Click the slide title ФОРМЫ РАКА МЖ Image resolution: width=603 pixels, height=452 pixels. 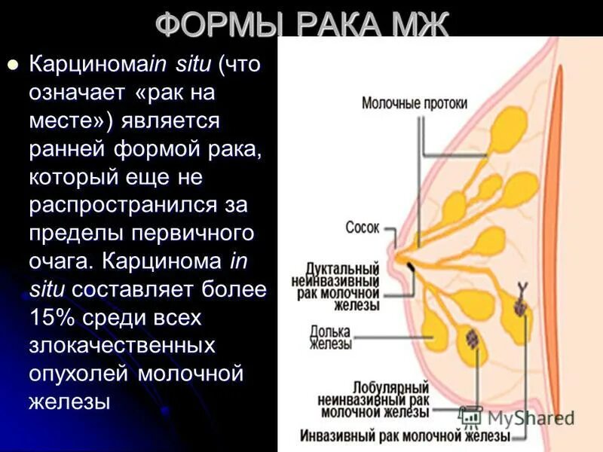[301, 25]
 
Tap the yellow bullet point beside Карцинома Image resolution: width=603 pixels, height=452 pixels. [11, 65]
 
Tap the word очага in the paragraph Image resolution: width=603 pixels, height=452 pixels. [57, 261]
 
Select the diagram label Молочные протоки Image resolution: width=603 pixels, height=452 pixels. [415, 103]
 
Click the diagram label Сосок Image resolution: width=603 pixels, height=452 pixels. [363, 226]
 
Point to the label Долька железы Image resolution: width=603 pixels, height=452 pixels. [331, 337]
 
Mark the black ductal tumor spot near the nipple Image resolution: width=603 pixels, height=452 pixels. [410, 267]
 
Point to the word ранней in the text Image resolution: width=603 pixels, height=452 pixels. [67, 148]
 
